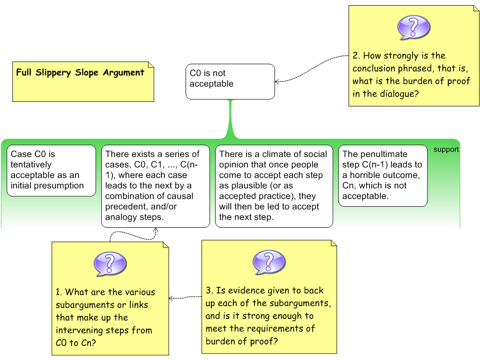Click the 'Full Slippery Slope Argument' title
pyautogui.click(x=80, y=73)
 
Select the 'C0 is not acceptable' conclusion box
pyautogui.click(x=230, y=82)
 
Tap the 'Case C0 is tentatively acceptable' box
pyautogui.click(x=52, y=170)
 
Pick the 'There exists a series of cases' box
pyautogui.click(x=155, y=186)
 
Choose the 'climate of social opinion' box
pyautogui.click(x=274, y=186)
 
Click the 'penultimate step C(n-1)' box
pyautogui.click(x=382, y=175)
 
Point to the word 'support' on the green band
pyautogui.click(x=446, y=150)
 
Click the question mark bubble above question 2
pyautogui.click(x=413, y=28)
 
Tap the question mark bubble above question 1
pyautogui.click(x=110, y=264)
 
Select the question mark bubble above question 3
pyautogui.click(x=269, y=262)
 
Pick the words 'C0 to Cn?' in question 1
pyautogui.click(x=76, y=343)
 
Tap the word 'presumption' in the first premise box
pyautogui.click(x=60, y=186)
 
